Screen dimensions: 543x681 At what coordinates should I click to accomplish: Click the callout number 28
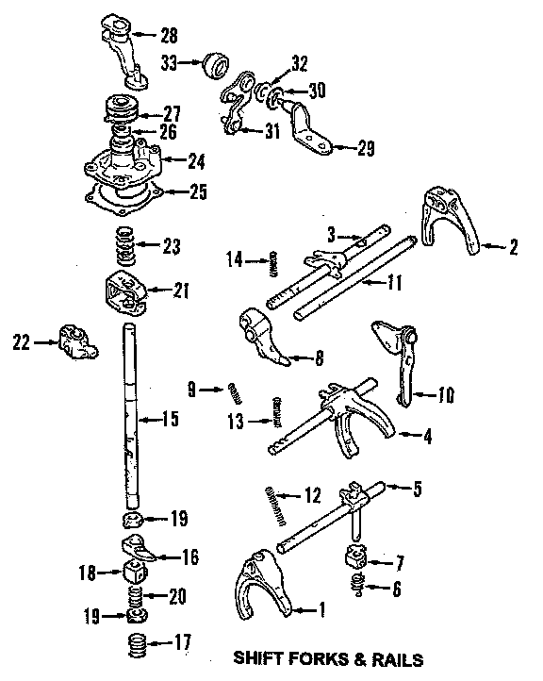tap(170, 35)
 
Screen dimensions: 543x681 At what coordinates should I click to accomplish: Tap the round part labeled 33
tap(215, 66)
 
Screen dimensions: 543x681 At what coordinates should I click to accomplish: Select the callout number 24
tap(196, 162)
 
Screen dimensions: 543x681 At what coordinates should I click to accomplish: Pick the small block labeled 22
tap(77, 341)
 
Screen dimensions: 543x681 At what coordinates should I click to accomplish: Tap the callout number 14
tap(235, 260)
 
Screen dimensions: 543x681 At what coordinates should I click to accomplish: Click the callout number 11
tap(394, 282)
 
